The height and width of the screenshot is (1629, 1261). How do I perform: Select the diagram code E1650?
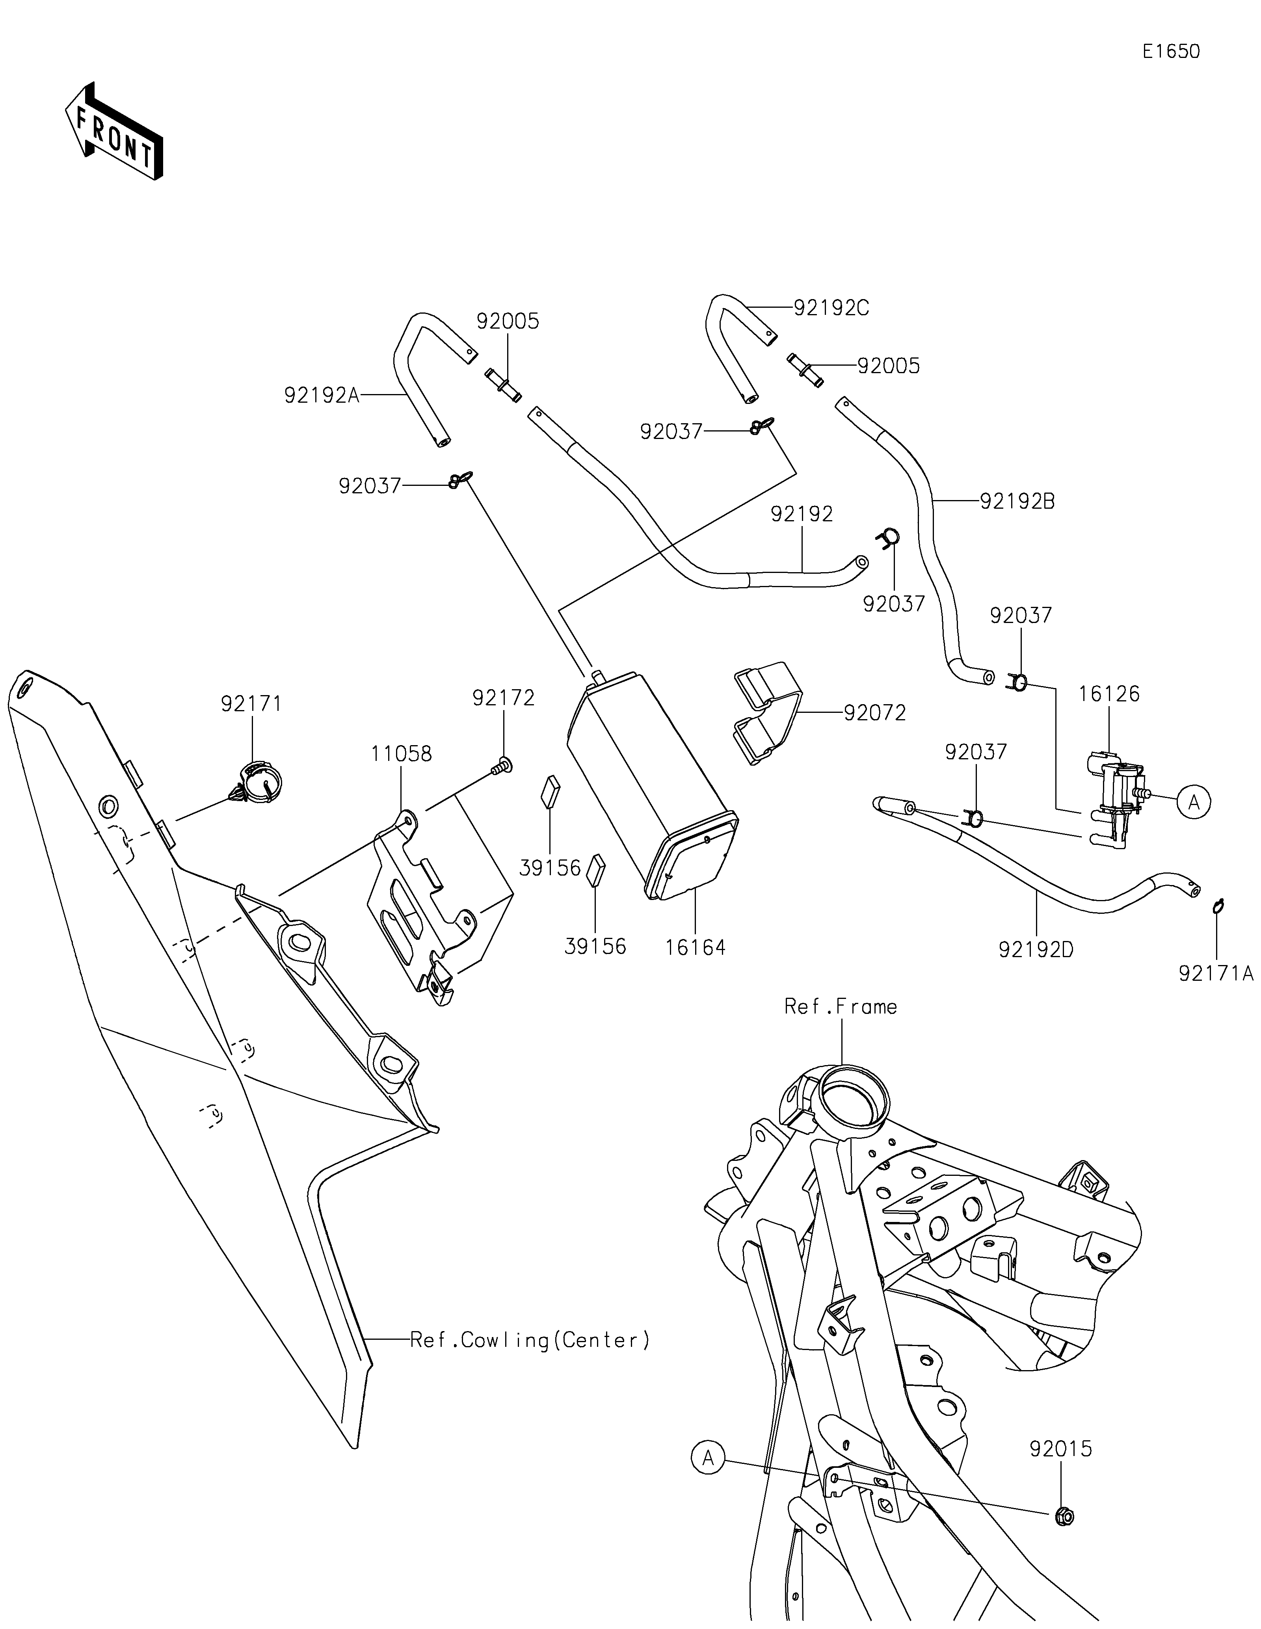1171,52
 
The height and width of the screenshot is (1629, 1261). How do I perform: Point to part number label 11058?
401,754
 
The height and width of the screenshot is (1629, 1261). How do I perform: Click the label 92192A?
322,395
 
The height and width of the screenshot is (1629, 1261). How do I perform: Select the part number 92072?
875,713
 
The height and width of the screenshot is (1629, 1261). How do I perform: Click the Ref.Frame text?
841,1007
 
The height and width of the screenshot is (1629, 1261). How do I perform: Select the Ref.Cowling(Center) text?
530,1340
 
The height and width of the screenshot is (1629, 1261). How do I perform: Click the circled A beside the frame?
708,1457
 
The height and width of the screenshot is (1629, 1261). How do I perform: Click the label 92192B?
1017,502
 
